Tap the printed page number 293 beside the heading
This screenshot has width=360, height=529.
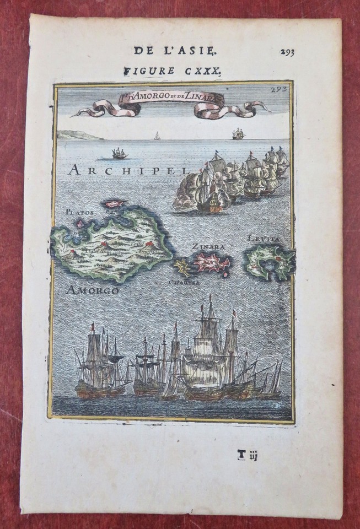(287, 52)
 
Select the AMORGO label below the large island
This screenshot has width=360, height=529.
(92, 290)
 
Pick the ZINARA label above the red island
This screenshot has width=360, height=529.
(208, 246)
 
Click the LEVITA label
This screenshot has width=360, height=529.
(264, 239)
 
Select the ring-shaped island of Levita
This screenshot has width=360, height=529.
(270, 262)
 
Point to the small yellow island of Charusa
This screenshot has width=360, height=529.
(182, 268)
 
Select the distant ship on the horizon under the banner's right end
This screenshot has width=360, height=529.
(238, 134)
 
